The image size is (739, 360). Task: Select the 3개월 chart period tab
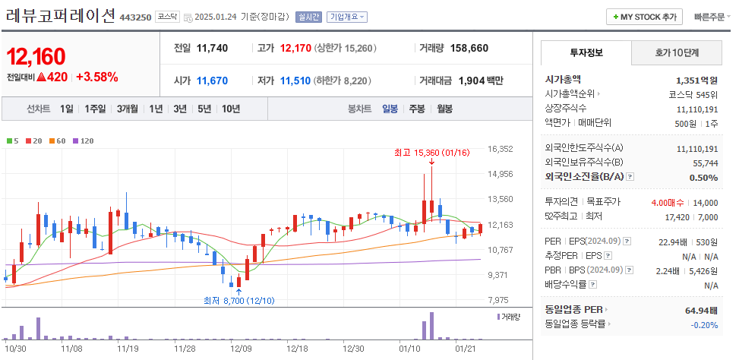click(x=128, y=109)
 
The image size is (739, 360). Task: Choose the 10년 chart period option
click(x=231, y=109)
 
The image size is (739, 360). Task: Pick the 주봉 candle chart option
click(x=417, y=109)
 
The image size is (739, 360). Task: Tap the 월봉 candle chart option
click(x=444, y=109)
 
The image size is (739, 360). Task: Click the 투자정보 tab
click(x=586, y=53)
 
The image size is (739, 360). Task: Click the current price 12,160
click(x=36, y=56)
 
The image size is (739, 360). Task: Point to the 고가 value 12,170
click(x=295, y=48)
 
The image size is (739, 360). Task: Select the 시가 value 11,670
click(x=212, y=81)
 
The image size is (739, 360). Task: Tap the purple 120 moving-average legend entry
click(x=84, y=141)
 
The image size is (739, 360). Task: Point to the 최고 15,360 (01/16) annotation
click(x=431, y=153)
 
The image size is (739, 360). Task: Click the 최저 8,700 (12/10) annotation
click(x=238, y=301)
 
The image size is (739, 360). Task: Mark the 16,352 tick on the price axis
click(x=501, y=149)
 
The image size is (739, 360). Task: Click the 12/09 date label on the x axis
click(x=241, y=348)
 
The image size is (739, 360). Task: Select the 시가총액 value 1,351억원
click(x=696, y=80)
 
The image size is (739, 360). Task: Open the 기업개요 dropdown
click(x=347, y=17)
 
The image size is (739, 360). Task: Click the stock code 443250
click(x=136, y=17)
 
